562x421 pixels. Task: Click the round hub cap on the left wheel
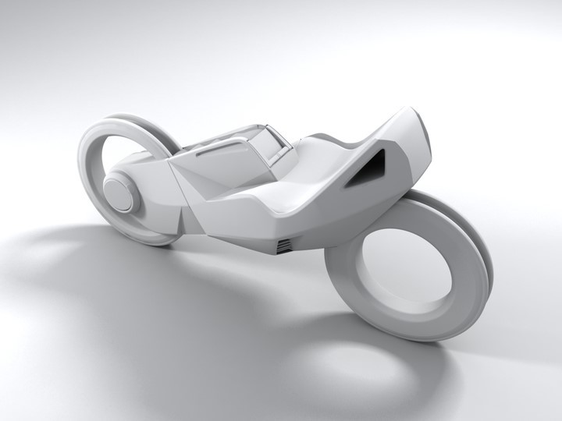119,193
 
